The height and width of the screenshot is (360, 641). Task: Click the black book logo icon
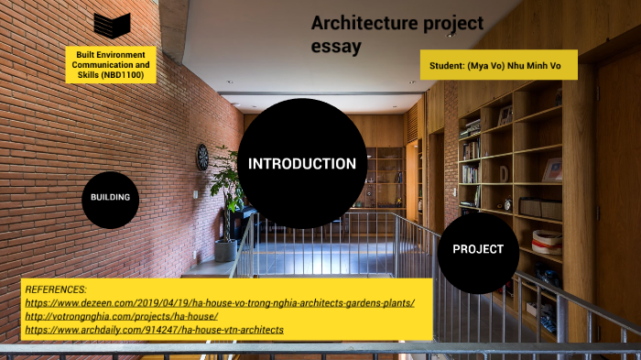coord(112,25)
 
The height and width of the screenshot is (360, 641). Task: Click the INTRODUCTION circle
coord(301,164)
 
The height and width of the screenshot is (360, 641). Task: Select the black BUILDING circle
coord(110,198)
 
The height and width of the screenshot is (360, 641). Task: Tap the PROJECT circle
coord(478,249)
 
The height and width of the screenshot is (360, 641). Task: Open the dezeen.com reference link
coord(220,302)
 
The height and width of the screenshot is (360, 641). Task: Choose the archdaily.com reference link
coord(154,330)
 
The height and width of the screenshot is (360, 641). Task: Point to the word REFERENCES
coord(56,289)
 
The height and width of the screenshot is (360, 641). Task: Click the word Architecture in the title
coord(356,24)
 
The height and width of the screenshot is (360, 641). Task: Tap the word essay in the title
coord(336,46)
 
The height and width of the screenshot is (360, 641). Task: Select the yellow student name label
coord(499,65)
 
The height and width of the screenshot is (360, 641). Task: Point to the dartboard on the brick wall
coord(202,157)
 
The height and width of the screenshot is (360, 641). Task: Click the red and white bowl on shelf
coord(547,242)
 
